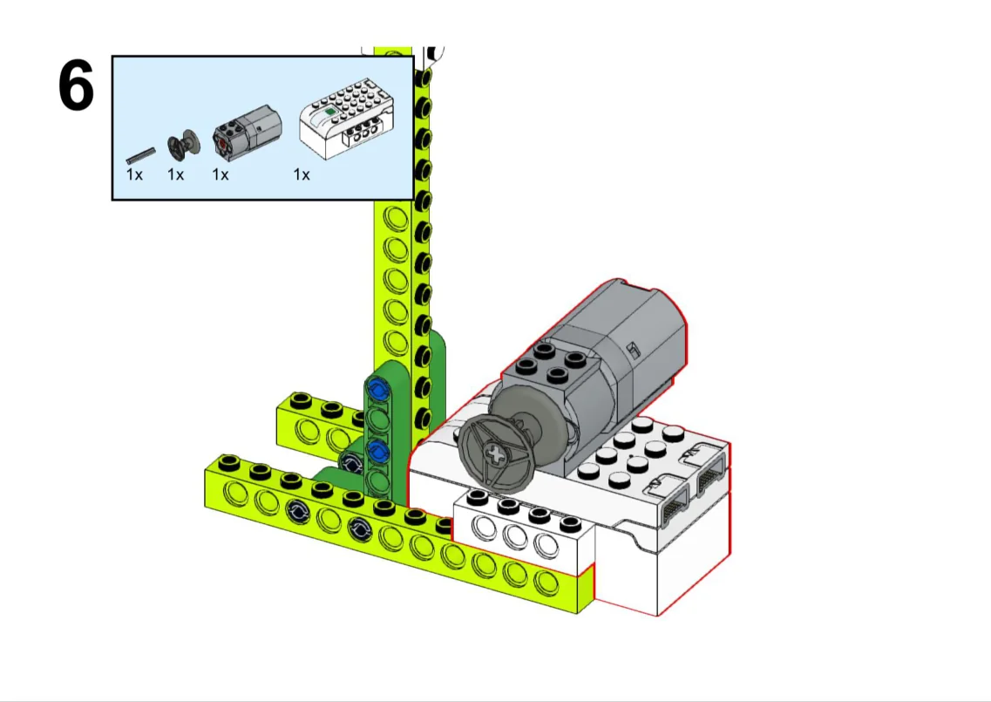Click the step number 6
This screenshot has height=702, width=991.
click(x=76, y=85)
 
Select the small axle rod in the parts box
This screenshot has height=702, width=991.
click(x=140, y=155)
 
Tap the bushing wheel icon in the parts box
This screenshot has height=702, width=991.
click(x=183, y=145)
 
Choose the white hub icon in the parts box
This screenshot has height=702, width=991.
click(x=348, y=119)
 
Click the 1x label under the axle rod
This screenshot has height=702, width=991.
click(x=134, y=174)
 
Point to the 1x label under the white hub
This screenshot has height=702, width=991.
click(x=302, y=174)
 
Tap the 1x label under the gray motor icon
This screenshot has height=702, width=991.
click(x=220, y=174)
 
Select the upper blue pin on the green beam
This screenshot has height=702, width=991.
click(x=378, y=390)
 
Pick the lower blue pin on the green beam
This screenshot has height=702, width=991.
click(x=377, y=451)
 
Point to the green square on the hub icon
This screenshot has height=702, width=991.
click(x=329, y=112)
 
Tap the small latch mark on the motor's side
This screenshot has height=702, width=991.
click(x=633, y=349)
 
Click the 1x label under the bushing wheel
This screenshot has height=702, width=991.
click(x=175, y=174)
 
